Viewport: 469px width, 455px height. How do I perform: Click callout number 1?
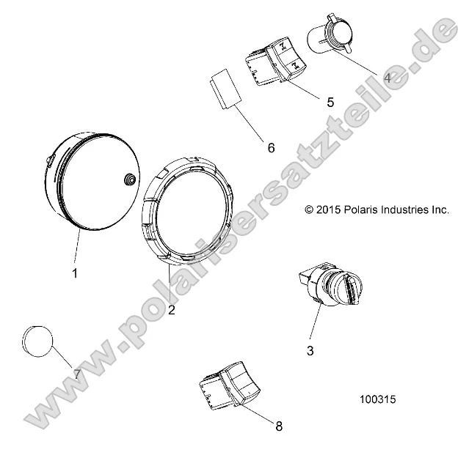[x=75, y=273]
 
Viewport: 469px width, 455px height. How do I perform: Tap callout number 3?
[x=310, y=351]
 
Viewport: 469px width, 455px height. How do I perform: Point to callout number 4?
[x=387, y=76]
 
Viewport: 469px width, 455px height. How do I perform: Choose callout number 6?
[x=271, y=148]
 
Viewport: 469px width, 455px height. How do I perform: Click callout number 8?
[x=278, y=426]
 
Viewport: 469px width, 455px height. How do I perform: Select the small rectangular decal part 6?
[x=222, y=90]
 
